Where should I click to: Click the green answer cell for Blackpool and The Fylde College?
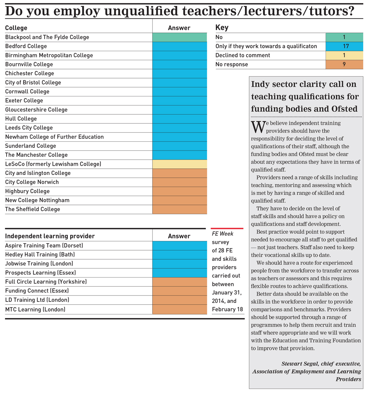click(180, 37)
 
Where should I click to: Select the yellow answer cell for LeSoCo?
click(180, 164)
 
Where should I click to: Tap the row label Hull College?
click(21, 119)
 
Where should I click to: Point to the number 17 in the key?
click(346, 46)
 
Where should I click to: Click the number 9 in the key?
click(344, 64)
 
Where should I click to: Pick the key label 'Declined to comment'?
click(243, 56)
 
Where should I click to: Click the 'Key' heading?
click(222, 27)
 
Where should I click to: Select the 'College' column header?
click(16, 28)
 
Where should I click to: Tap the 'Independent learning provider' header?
click(50, 236)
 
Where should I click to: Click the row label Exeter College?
click(24, 100)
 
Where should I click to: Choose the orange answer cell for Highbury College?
click(180, 191)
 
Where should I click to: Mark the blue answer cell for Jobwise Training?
click(180, 264)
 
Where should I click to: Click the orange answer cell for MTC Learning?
click(180, 309)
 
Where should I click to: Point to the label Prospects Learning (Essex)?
click(41, 273)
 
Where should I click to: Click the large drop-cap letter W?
click(258, 127)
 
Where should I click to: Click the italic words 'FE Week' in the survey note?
click(222, 234)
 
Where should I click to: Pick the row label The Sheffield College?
click(32, 209)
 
